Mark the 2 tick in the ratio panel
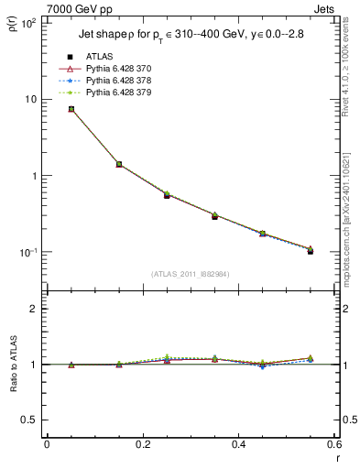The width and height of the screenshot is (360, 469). (x=35, y=309)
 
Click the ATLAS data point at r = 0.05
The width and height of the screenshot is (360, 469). (x=71, y=109)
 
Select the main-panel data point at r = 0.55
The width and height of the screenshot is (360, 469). (x=311, y=250)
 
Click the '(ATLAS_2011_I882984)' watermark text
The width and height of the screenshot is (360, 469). (x=191, y=274)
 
